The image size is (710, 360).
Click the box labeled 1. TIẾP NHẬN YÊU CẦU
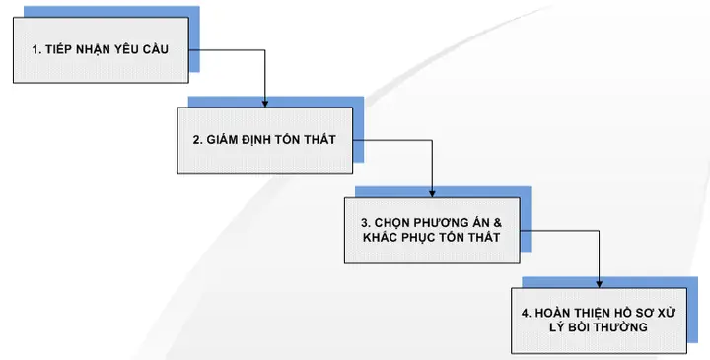coord(100,49)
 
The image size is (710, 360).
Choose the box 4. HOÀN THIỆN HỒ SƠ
coord(599,320)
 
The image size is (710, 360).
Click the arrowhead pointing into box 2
coord(265,102)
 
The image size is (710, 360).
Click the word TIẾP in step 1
coord(58,48)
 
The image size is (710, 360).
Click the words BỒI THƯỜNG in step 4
coord(616,327)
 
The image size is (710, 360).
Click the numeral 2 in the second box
coord(195,140)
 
